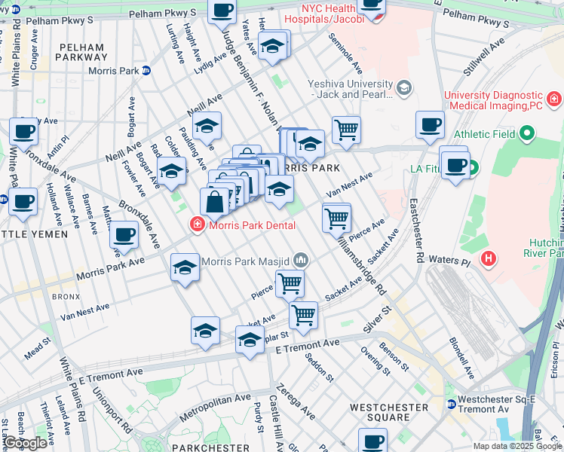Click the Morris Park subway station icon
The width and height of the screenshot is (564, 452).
(146, 70)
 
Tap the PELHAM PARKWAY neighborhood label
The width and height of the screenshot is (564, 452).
(81, 52)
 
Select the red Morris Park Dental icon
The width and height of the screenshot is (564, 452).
(197, 224)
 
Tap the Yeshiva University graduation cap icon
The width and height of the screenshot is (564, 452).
(403, 90)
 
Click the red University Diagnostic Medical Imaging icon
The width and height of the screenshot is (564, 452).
(553, 99)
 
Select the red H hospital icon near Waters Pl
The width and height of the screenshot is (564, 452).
(489, 259)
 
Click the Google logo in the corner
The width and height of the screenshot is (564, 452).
(25, 443)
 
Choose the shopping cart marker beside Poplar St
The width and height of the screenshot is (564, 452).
(303, 315)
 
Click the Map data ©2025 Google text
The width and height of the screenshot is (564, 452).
(516, 446)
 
